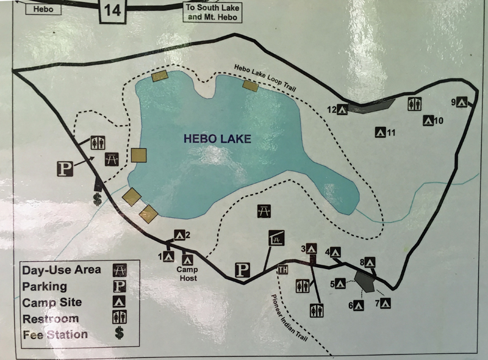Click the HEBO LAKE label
point(217,139)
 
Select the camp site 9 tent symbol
point(462,103)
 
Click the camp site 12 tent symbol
point(343,110)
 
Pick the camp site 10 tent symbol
point(429,121)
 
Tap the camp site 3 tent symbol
point(311,248)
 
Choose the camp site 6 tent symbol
point(358,305)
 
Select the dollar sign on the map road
point(97,198)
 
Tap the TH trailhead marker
point(282,270)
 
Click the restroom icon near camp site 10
point(414,104)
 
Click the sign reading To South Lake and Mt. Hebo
point(213,12)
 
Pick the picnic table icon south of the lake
point(265,211)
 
